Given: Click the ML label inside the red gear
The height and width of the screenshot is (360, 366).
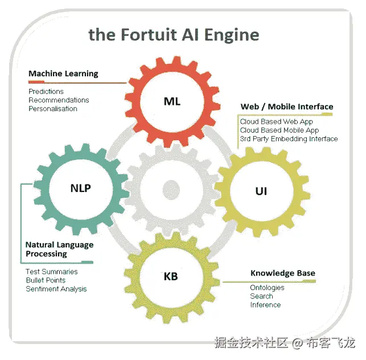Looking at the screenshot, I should point(172,101).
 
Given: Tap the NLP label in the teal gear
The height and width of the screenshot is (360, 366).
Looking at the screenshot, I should point(80,189).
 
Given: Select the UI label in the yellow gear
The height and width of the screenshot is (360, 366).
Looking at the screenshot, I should point(261,191).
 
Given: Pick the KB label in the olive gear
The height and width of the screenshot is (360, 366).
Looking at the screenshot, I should point(171,277).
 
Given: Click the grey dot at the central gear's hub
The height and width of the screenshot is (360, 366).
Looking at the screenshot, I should point(171,189).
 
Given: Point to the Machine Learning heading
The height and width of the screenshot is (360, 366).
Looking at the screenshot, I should point(63,73).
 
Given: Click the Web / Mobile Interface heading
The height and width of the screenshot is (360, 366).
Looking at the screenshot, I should point(287,107).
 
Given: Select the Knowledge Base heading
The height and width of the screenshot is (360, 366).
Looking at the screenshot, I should point(282,273).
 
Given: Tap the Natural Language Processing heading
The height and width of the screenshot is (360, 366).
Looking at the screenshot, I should point(59,249).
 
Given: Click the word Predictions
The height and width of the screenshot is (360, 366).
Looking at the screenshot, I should point(46,91).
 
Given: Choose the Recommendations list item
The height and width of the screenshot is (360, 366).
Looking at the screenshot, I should point(59,100).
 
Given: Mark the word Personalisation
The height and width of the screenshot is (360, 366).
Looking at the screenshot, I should point(53,108).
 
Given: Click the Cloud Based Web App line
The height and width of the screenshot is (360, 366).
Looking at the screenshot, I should point(276,121).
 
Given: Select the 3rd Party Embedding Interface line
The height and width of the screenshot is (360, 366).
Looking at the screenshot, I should point(289,138).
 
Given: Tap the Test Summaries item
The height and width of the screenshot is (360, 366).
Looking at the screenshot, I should point(52,272).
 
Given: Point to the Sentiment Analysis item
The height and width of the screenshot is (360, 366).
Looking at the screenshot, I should point(56,289).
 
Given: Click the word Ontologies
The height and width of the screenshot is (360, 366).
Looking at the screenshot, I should point(267,288).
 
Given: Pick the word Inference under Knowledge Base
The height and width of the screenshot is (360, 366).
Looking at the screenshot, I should point(265,305).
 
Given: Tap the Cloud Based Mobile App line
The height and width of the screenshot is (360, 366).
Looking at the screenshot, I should point(279,130).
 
